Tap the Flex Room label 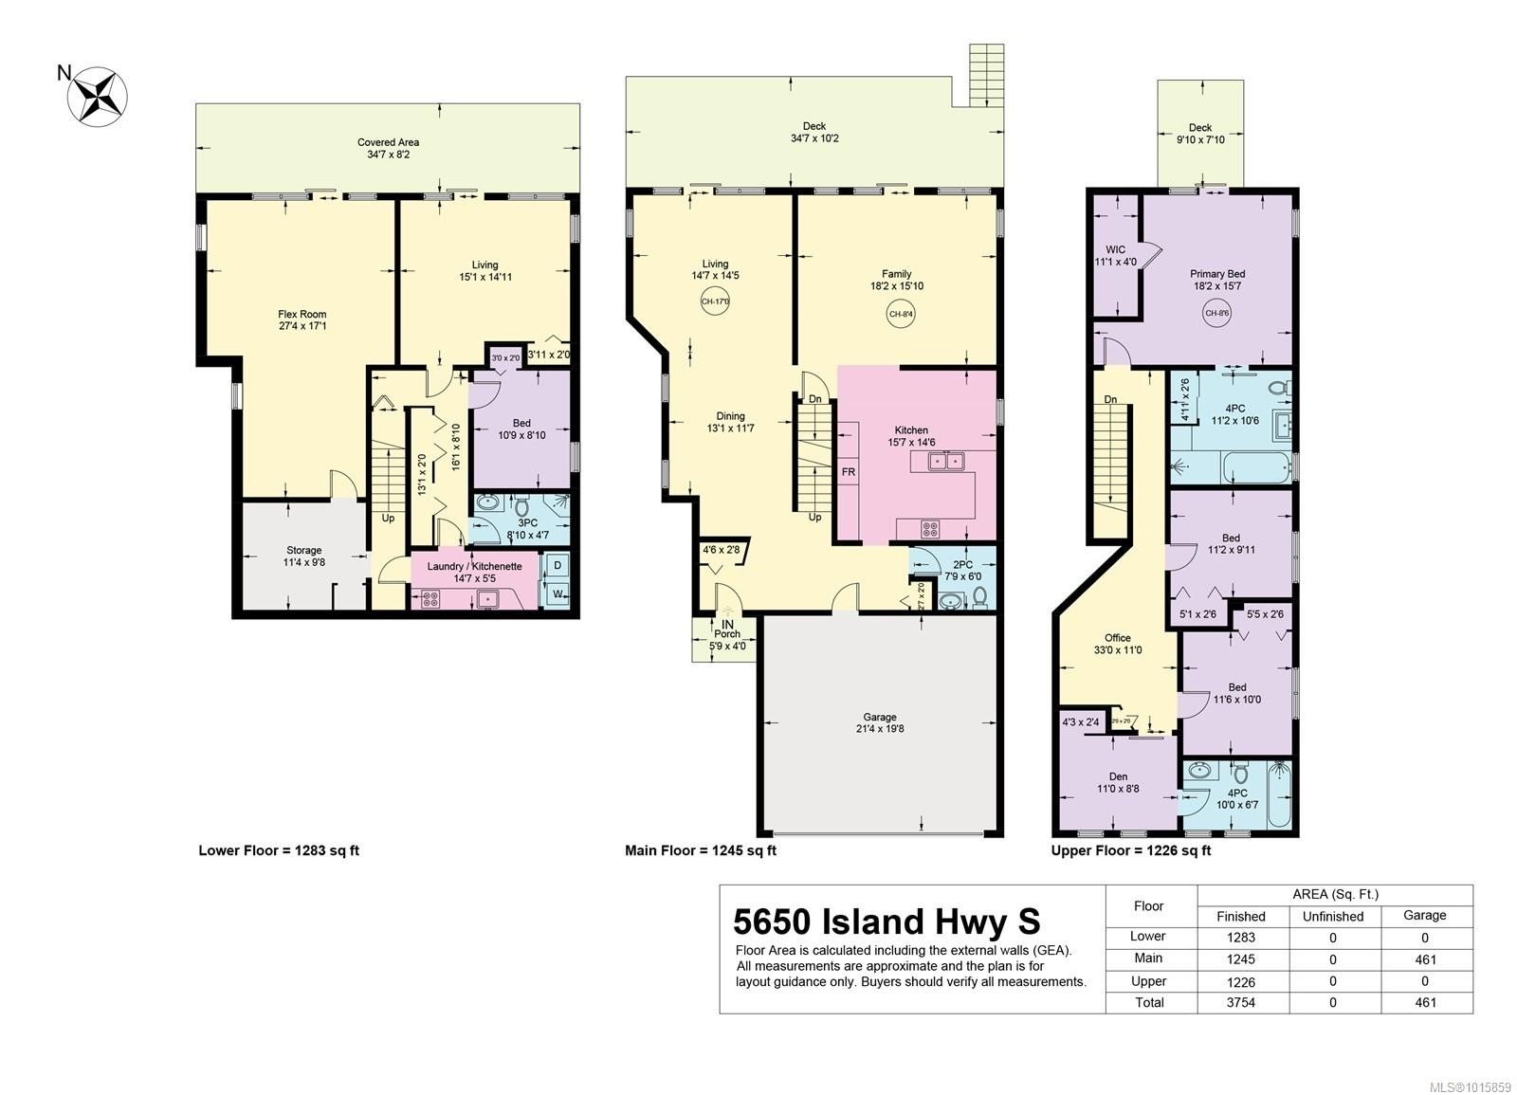coord(302,320)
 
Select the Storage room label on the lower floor coord(303,557)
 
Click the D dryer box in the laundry coord(557,566)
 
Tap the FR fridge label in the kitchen coord(848,471)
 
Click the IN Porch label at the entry coord(727,630)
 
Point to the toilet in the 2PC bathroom coord(979,596)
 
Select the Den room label coord(1118,782)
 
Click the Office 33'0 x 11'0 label coord(1117,644)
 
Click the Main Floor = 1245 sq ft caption coord(700,850)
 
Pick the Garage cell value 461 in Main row coord(1424,959)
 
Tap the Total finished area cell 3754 coord(1240,1002)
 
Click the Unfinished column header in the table coord(1332,916)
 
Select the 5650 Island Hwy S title coord(886,922)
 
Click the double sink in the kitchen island coord(945,462)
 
